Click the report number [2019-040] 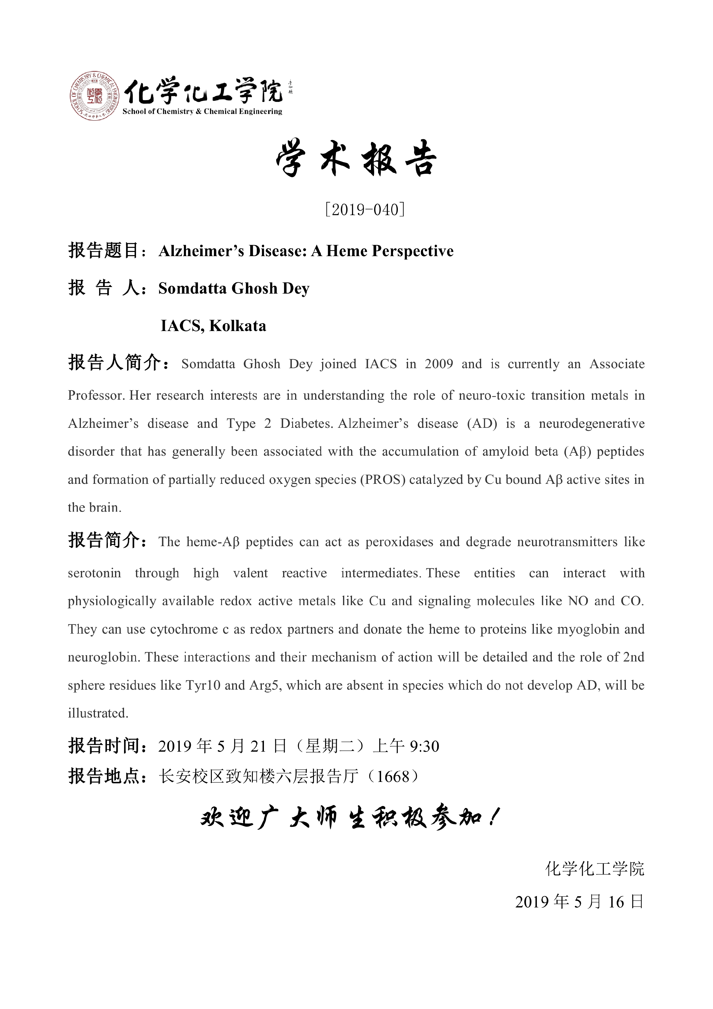(x=364, y=210)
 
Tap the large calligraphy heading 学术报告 (x=356, y=159)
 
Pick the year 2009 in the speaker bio (x=438, y=364)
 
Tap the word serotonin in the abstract (x=94, y=573)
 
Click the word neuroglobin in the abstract (x=103, y=657)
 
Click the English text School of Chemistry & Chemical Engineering (x=202, y=112)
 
